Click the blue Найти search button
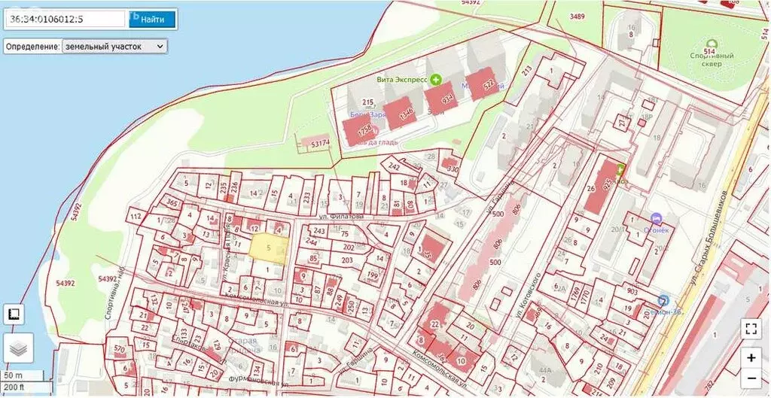(153, 19)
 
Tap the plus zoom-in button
(750, 358)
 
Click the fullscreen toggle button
(750, 328)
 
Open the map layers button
(18, 348)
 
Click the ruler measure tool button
(14, 314)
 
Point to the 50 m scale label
(14, 375)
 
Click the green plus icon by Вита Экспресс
(435, 79)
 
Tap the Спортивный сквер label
(712, 59)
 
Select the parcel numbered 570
(118, 350)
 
